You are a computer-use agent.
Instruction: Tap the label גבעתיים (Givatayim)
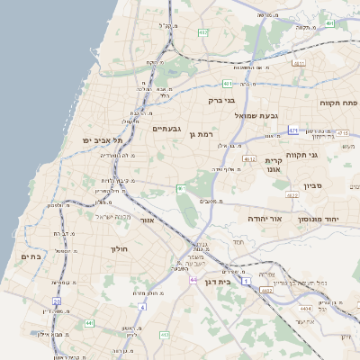(166, 129)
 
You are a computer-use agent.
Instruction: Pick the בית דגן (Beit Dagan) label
(238, 282)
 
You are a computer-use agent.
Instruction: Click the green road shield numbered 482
(202, 32)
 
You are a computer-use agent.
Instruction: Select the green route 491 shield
(330, 23)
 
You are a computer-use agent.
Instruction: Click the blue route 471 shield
(293, 130)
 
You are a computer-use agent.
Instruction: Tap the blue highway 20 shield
(56, 301)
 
